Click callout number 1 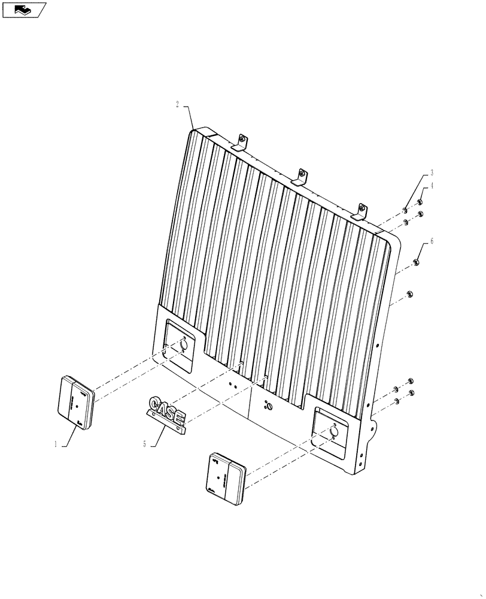click(56, 445)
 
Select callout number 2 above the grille click(177, 104)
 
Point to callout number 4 click(432, 186)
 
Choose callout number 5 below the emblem click(144, 444)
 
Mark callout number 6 click(432, 241)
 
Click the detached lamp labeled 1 click(76, 402)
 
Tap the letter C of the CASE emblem click(155, 403)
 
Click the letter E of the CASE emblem click(179, 416)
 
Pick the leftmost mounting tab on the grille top click(241, 141)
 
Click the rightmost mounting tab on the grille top click(361, 210)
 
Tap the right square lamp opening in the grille click(332, 434)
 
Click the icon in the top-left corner click(23, 10)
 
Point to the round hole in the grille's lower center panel click(268, 407)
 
